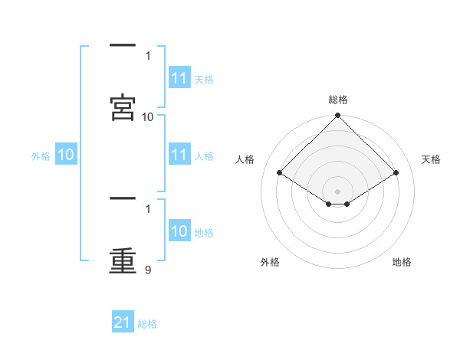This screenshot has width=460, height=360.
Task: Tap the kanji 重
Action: point(123,258)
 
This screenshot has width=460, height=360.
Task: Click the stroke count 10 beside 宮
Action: point(148,116)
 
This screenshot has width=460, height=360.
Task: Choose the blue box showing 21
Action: point(123,322)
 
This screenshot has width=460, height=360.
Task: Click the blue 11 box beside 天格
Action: point(179,79)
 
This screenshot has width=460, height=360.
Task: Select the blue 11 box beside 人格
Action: point(179,155)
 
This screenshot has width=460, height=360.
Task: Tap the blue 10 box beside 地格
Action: point(179,232)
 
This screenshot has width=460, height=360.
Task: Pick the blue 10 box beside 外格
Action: point(66,155)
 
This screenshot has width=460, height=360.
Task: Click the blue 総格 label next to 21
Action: point(147,323)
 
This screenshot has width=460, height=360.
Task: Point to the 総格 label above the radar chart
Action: point(338,100)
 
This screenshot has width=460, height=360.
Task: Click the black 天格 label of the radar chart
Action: point(431,159)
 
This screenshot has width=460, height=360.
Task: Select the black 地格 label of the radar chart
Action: point(402,262)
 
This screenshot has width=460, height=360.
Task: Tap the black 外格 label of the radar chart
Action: point(270,262)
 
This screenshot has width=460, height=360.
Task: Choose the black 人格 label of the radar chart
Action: point(245,159)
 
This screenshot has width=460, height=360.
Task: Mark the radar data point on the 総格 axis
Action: point(338,116)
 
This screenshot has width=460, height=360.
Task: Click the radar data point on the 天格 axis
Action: point(396,172)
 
